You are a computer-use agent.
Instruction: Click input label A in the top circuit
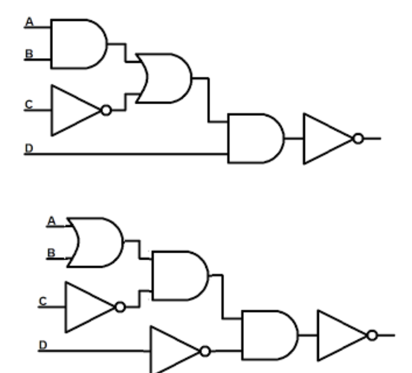pyautogui.click(x=29, y=22)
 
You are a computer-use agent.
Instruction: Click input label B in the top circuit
pyautogui.click(x=29, y=54)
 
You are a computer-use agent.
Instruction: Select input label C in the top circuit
pyautogui.click(x=29, y=104)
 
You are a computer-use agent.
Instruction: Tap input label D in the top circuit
pyautogui.click(x=29, y=148)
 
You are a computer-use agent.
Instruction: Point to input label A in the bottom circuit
pyautogui.click(x=51, y=221)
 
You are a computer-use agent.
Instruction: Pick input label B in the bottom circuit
pyautogui.click(x=51, y=252)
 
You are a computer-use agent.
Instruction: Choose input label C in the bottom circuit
pyautogui.click(x=43, y=301)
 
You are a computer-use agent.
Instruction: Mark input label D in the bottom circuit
pyautogui.click(x=43, y=345)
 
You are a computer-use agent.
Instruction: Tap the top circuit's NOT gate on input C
pyautogui.click(x=75, y=111)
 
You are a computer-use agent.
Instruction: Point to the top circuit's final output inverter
pyautogui.click(x=327, y=139)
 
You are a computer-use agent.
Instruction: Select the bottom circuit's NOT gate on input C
pyautogui.click(x=88, y=307)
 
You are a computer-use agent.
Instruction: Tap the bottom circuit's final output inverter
pyautogui.click(x=341, y=335)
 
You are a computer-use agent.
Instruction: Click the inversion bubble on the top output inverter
pyautogui.click(x=358, y=139)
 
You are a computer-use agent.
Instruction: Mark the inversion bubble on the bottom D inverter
pyautogui.click(x=205, y=351)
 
